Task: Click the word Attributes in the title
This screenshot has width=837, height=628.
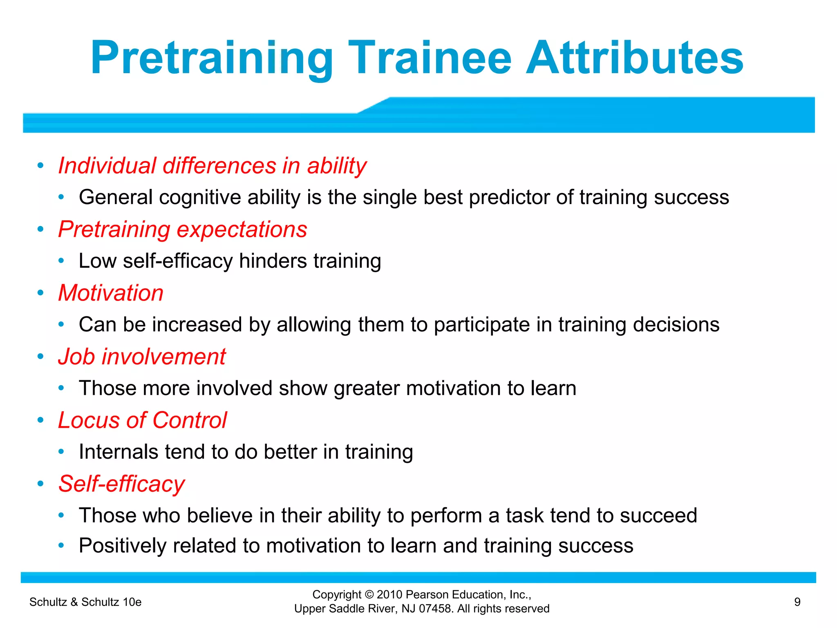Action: tap(634, 58)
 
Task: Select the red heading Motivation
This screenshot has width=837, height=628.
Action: tap(111, 293)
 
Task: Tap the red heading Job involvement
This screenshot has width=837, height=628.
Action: tap(142, 357)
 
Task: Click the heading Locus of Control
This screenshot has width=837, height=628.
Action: tap(142, 420)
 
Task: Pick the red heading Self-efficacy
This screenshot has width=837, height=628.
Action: tap(121, 484)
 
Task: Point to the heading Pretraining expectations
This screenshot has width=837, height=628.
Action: tap(182, 229)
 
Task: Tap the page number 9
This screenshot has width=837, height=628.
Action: tap(797, 602)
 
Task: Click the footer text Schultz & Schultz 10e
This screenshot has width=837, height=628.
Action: tap(85, 602)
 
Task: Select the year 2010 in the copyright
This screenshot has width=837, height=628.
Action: tap(389, 594)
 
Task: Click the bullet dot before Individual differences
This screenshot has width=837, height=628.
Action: tap(40, 166)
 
